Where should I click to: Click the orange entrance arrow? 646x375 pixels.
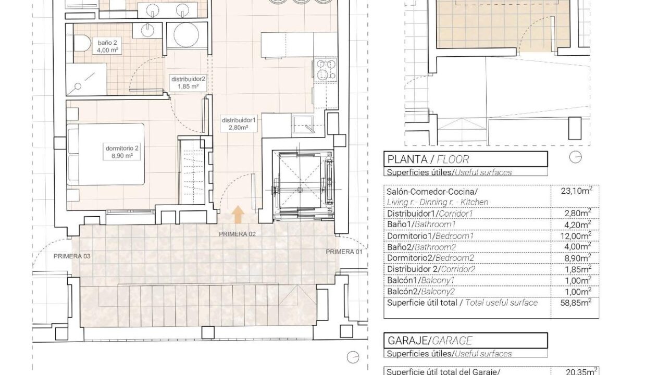tap(238, 215)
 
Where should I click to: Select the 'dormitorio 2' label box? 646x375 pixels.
tap(122, 152)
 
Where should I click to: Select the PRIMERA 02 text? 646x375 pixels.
tap(237, 234)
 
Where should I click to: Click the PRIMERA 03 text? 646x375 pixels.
tap(72, 256)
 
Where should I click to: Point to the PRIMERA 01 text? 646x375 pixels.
tap(344, 252)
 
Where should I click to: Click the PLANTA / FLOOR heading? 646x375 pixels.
tap(428, 159)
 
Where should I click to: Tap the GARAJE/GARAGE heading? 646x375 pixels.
tap(430, 341)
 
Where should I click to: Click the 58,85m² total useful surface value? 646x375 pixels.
tap(576, 303)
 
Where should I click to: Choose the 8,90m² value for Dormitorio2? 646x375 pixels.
tap(577, 258)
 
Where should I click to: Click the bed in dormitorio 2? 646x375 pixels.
tap(106, 154)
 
